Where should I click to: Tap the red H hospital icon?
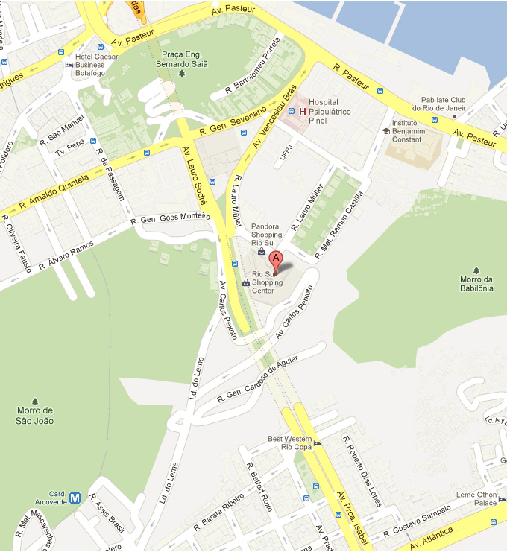click(x=302, y=112)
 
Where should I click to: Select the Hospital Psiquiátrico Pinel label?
click(x=324, y=112)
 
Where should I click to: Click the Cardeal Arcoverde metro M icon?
click(x=75, y=497)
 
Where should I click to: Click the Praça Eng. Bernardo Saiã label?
click(x=182, y=60)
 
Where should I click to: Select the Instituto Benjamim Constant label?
click(x=415, y=131)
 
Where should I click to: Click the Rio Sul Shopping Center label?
click(x=268, y=282)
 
